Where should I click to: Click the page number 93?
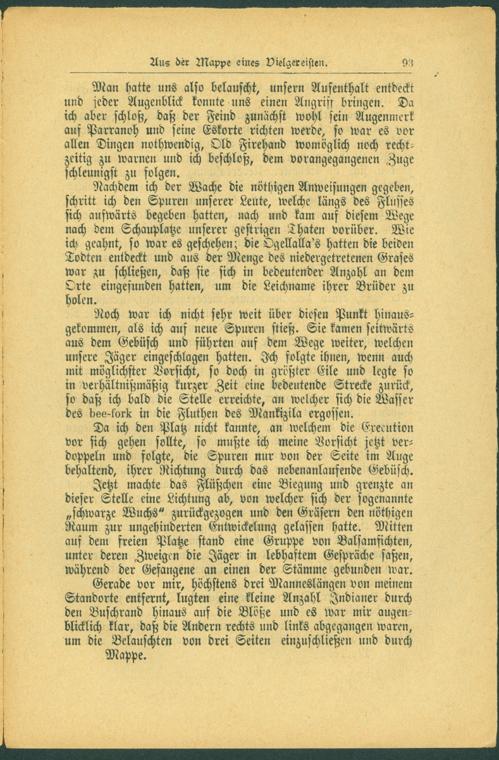pos(407,62)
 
